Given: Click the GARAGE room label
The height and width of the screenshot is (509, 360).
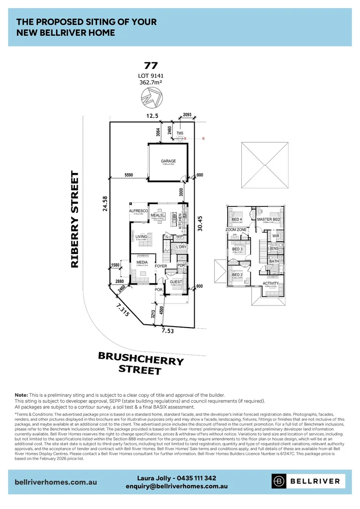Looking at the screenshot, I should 168,161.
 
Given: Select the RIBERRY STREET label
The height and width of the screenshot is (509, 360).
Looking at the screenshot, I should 74,220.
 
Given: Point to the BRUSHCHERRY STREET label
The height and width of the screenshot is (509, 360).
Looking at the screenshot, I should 140,363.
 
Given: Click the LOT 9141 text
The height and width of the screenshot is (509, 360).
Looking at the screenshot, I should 151,75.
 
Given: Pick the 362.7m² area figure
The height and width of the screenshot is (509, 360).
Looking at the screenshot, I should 151,82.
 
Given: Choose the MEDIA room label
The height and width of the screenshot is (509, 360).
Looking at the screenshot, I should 142,263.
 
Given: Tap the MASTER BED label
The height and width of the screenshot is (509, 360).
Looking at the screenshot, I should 269,220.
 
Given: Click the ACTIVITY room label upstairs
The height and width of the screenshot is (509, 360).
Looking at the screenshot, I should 270,283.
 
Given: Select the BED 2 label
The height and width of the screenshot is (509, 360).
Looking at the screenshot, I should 237,275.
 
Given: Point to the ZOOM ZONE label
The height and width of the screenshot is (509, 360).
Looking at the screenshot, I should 236,230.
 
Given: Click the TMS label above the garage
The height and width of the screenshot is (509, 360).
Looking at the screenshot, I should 180,133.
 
